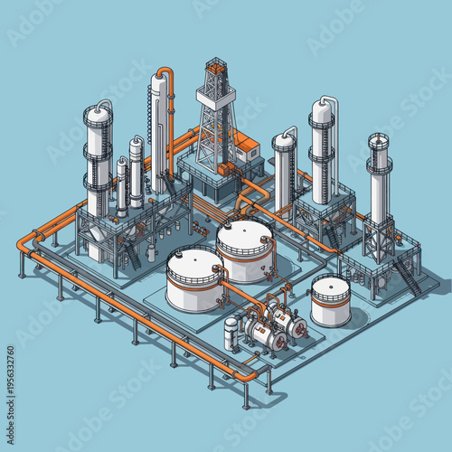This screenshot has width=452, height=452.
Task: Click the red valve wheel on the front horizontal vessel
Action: click(x=281, y=343)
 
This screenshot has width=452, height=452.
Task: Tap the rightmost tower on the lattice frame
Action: click(x=379, y=181)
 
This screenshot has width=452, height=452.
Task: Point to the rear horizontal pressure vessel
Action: click(x=287, y=319)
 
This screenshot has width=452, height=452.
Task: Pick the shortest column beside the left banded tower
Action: click(x=121, y=185)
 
